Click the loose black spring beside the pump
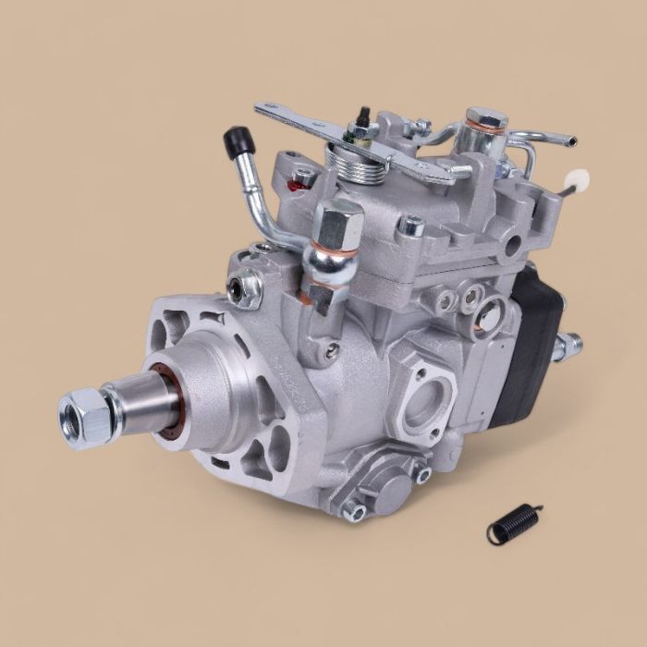tap(513, 523)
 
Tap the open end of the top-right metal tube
tap(571, 140)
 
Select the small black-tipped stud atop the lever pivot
tap(363, 116)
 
